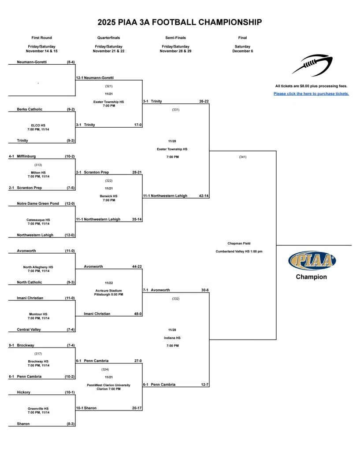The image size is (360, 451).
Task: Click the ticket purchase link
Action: [x=311, y=94]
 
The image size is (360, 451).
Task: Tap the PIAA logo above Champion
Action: [x=312, y=260]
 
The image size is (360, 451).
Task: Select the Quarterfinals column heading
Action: [x=108, y=38]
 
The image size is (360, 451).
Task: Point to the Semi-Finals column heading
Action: [x=175, y=38]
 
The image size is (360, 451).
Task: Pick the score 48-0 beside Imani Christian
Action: [x=137, y=314]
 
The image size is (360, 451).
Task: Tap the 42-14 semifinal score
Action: [x=204, y=196]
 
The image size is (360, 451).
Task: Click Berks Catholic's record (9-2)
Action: [x=71, y=109]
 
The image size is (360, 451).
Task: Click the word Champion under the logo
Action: [x=311, y=277]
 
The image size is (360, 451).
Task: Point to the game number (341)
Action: [x=242, y=157]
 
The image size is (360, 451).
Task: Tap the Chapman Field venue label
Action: [x=239, y=244]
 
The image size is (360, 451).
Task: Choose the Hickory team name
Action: [x=23, y=392]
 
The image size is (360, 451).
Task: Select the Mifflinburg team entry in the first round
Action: [x=26, y=156]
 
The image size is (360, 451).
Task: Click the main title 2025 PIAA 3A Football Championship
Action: [x=180, y=22]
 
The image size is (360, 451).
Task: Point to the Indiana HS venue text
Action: [x=172, y=338]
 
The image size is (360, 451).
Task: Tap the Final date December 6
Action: [x=242, y=51]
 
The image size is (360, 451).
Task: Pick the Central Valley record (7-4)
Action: [x=71, y=329]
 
